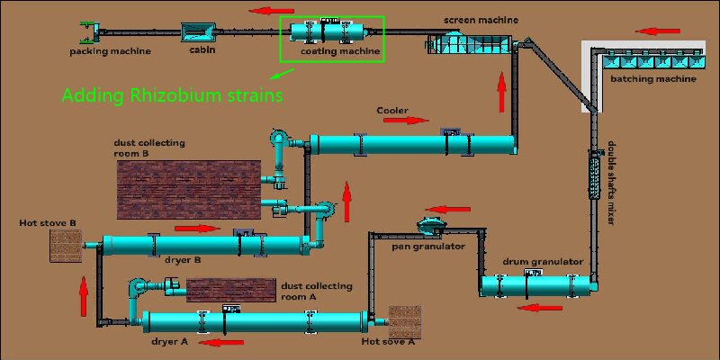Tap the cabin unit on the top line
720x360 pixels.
pyautogui.click(x=199, y=32)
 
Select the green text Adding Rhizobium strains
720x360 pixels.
pyautogui.click(x=172, y=94)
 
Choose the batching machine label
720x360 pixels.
pyautogui.click(x=653, y=79)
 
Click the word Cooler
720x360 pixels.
pyautogui.click(x=392, y=111)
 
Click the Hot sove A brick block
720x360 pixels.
pyautogui.click(x=404, y=322)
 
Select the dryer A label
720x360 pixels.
pyautogui.click(x=170, y=343)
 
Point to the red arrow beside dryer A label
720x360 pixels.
pyautogui.click(x=220, y=342)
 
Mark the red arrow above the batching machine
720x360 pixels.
pyautogui.click(x=657, y=31)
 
